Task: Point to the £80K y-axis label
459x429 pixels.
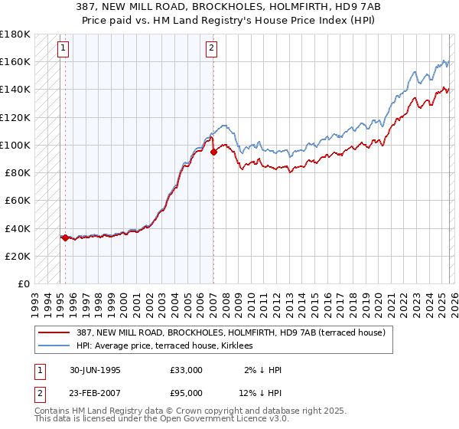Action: coord(17,172)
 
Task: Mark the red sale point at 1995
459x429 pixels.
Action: coord(66,237)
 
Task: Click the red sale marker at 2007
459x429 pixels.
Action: coord(213,152)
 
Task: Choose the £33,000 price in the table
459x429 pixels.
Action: coord(187,370)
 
